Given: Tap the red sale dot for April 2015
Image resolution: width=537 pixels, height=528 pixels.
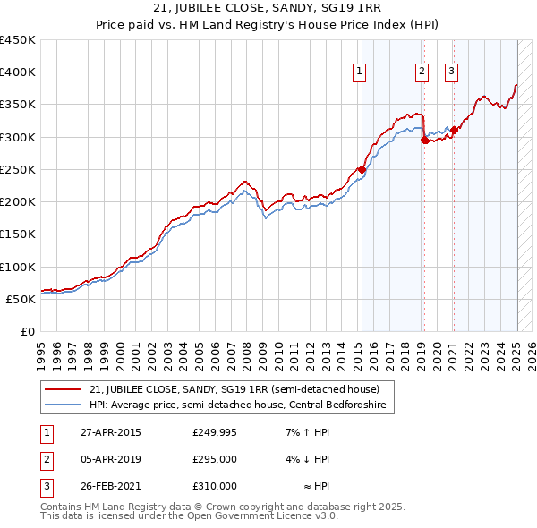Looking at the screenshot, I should click(x=362, y=169).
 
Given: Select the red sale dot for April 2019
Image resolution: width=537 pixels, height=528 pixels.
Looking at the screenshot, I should click(x=424, y=140).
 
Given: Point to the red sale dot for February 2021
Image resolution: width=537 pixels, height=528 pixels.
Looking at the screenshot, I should click(x=454, y=130).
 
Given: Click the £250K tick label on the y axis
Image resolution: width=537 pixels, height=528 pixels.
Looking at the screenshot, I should click(x=17, y=169).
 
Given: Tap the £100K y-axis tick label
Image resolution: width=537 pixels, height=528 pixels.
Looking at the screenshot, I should click(x=17, y=267).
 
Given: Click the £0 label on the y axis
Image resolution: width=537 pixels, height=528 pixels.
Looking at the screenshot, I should click(x=27, y=331).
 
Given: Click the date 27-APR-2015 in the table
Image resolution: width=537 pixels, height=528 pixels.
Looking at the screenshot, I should click(x=110, y=433).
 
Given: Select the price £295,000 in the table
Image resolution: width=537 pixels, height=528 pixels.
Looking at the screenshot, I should click(x=215, y=459).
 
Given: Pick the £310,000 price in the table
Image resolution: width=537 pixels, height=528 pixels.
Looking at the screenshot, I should click(x=215, y=486).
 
